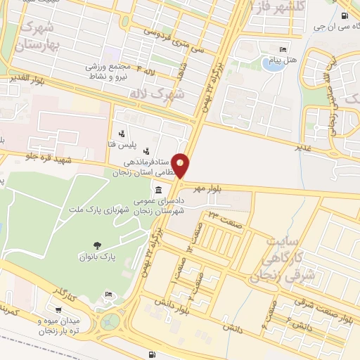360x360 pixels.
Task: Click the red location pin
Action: (181, 165)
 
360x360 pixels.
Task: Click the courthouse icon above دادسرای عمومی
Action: (157, 191)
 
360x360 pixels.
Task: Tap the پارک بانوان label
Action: (97, 258)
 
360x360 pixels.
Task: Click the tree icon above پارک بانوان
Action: (97, 245)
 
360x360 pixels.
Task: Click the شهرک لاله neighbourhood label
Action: (160, 91)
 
